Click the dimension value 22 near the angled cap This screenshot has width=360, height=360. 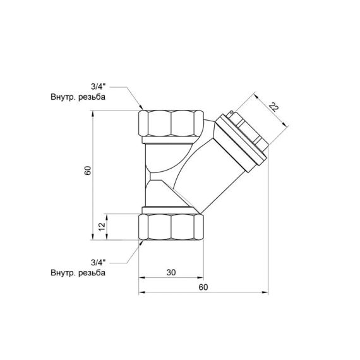coord(273,107)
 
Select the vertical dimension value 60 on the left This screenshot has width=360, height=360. coord(88,171)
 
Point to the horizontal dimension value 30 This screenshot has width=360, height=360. coord(171,273)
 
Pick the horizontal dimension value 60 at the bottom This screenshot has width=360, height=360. coord(202,287)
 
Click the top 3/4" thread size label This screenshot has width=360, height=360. coord(98,88)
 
